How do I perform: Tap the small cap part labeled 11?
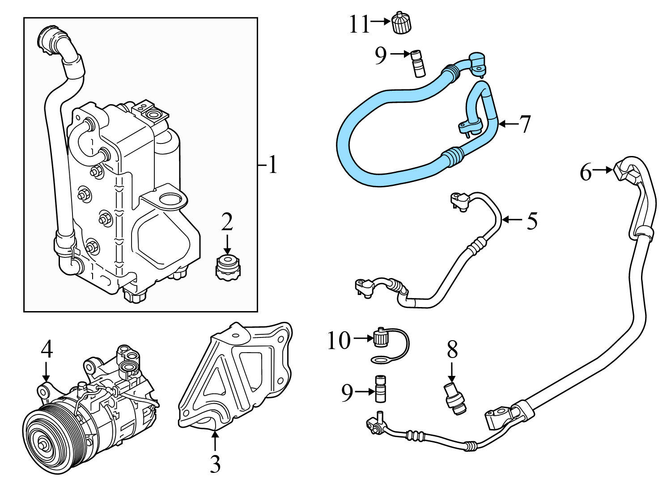pos(401,23)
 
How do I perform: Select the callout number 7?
pos(524,124)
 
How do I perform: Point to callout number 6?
pos(586,172)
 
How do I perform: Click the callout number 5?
pos(531,221)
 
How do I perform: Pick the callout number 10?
pos(339,341)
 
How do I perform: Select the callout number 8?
pos(452,350)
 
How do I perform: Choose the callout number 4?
pos(47,350)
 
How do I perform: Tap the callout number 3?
pos(215,464)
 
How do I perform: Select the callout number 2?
pos(227,222)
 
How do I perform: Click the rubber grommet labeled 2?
pos(227,267)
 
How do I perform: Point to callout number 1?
pos(272,165)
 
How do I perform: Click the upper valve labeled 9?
pos(417,64)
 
